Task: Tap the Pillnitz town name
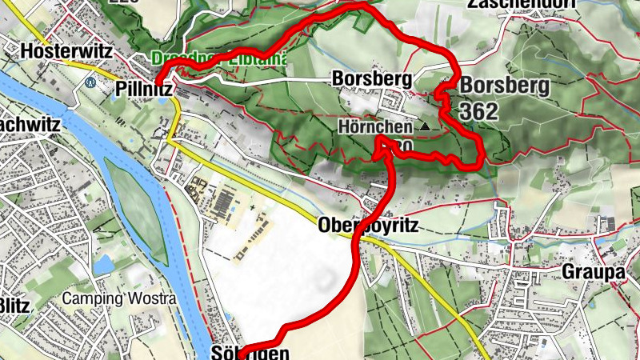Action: click(x=144, y=89)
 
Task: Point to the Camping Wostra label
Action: click(x=119, y=299)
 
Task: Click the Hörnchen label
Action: click(x=375, y=126)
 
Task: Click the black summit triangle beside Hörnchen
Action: click(x=424, y=126)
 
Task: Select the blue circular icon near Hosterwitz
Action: click(x=91, y=82)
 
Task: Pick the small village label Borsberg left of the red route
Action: click(x=372, y=79)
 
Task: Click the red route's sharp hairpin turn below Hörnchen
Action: click(x=383, y=142)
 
